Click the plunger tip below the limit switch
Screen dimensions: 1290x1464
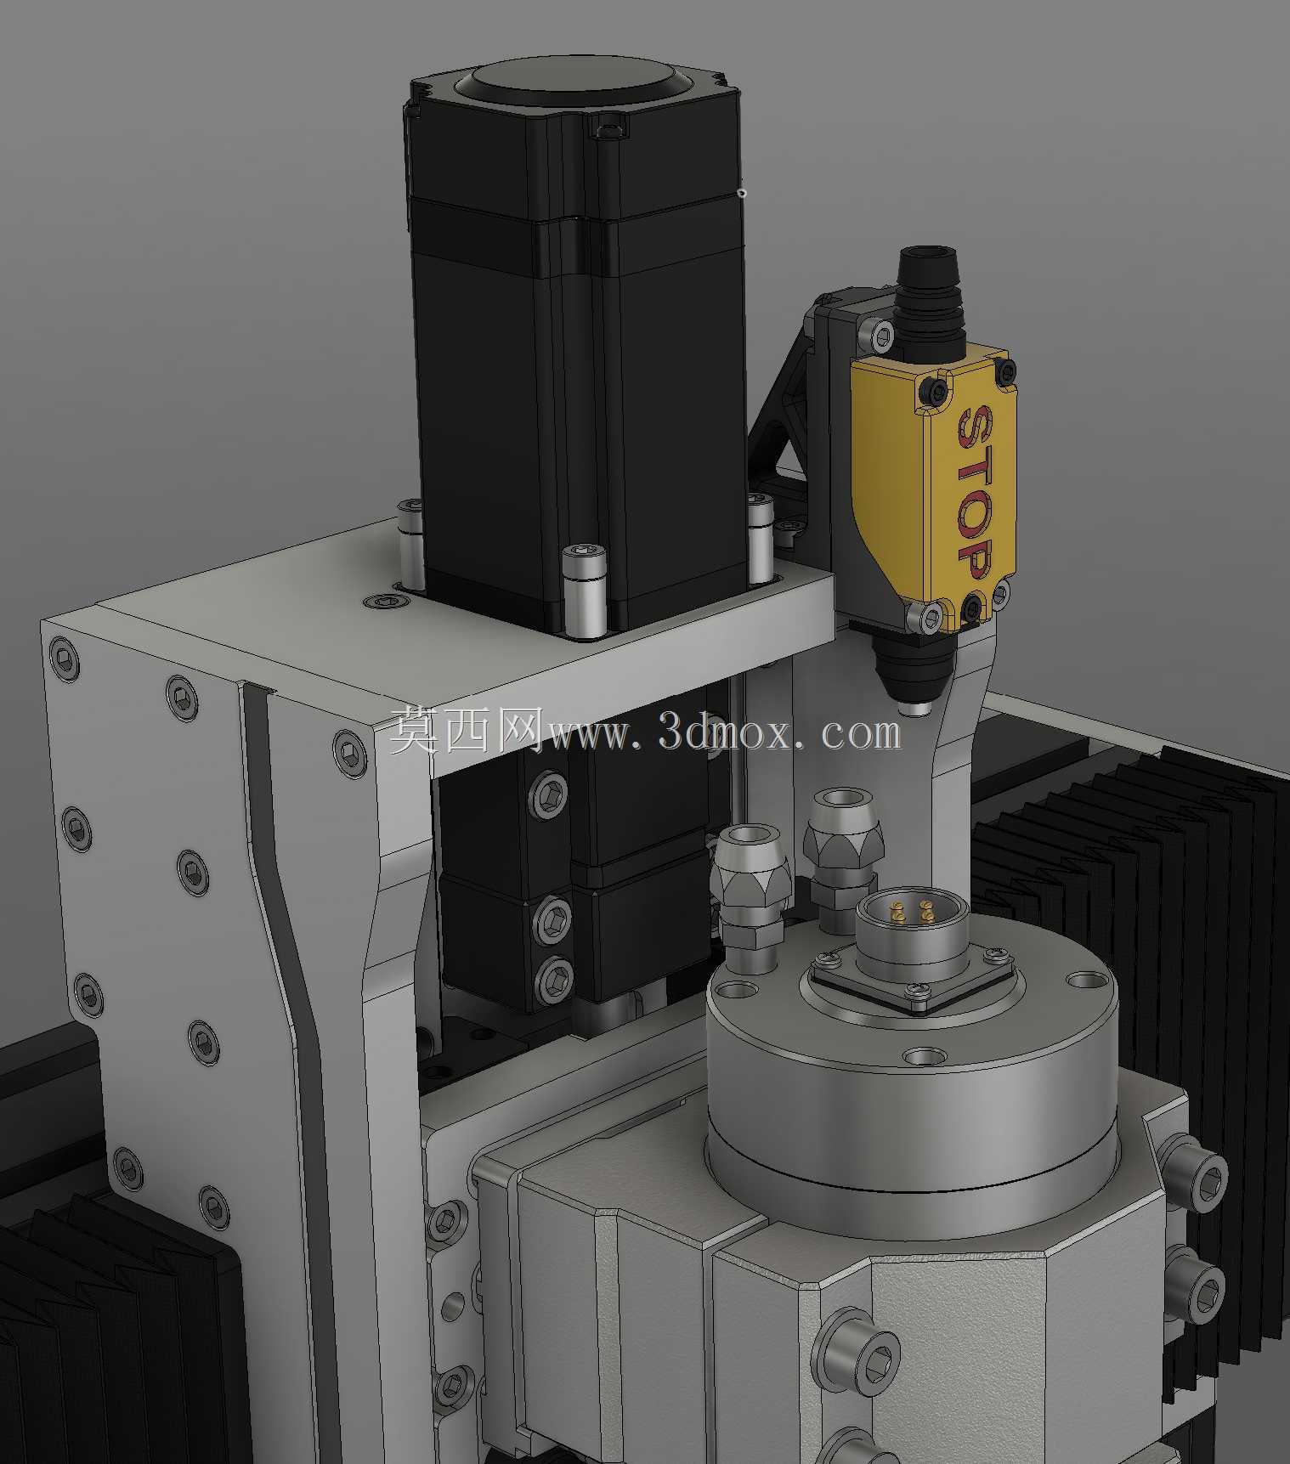[915, 708]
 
